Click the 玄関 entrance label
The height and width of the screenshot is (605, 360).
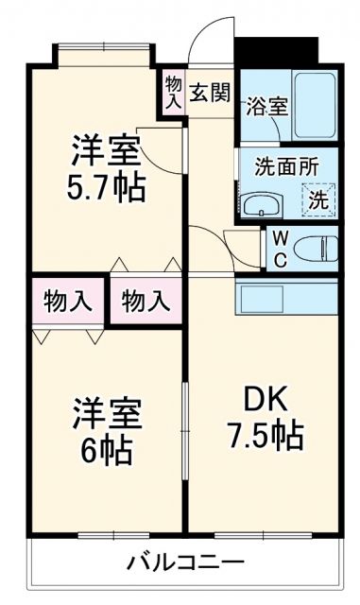(x=209, y=93)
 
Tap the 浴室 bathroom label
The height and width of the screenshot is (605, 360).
(x=266, y=106)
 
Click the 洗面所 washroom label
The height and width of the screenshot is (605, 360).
(x=286, y=164)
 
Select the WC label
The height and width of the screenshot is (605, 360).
(x=282, y=248)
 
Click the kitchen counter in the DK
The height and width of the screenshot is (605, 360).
(x=284, y=301)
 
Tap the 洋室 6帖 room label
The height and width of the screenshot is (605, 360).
(x=109, y=431)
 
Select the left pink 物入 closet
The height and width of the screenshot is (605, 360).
(x=68, y=302)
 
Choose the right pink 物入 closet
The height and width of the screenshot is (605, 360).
(x=146, y=302)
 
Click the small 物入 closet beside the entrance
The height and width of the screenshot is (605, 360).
(x=173, y=93)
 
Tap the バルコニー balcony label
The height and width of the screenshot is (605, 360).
(x=186, y=563)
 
